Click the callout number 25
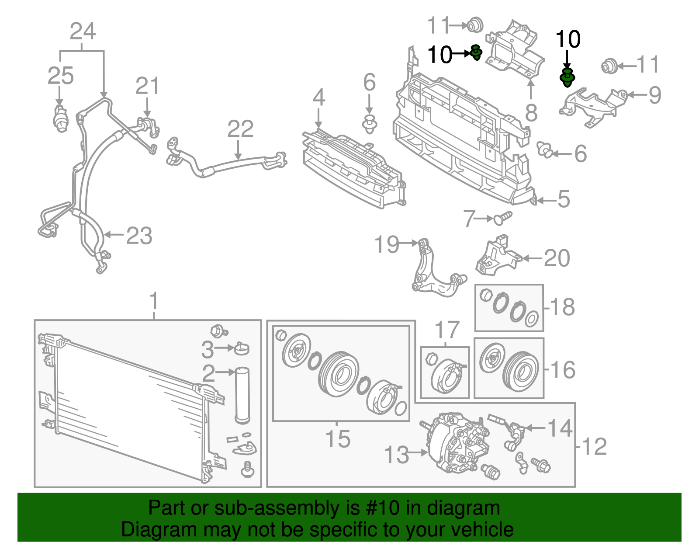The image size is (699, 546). (x=61, y=76)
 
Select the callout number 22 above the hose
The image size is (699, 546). (x=240, y=129)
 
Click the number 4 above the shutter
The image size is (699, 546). (x=319, y=97)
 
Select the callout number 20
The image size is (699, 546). (x=557, y=258)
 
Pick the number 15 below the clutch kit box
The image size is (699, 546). (x=338, y=438)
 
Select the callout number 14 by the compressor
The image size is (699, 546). (x=560, y=428)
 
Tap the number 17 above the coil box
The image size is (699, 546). (x=447, y=330)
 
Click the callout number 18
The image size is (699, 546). (x=562, y=307)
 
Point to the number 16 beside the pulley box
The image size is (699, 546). (x=563, y=370)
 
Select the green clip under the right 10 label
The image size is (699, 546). (x=567, y=77)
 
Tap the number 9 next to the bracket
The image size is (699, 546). (x=654, y=95)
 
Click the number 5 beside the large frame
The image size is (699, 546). (x=564, y=199)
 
